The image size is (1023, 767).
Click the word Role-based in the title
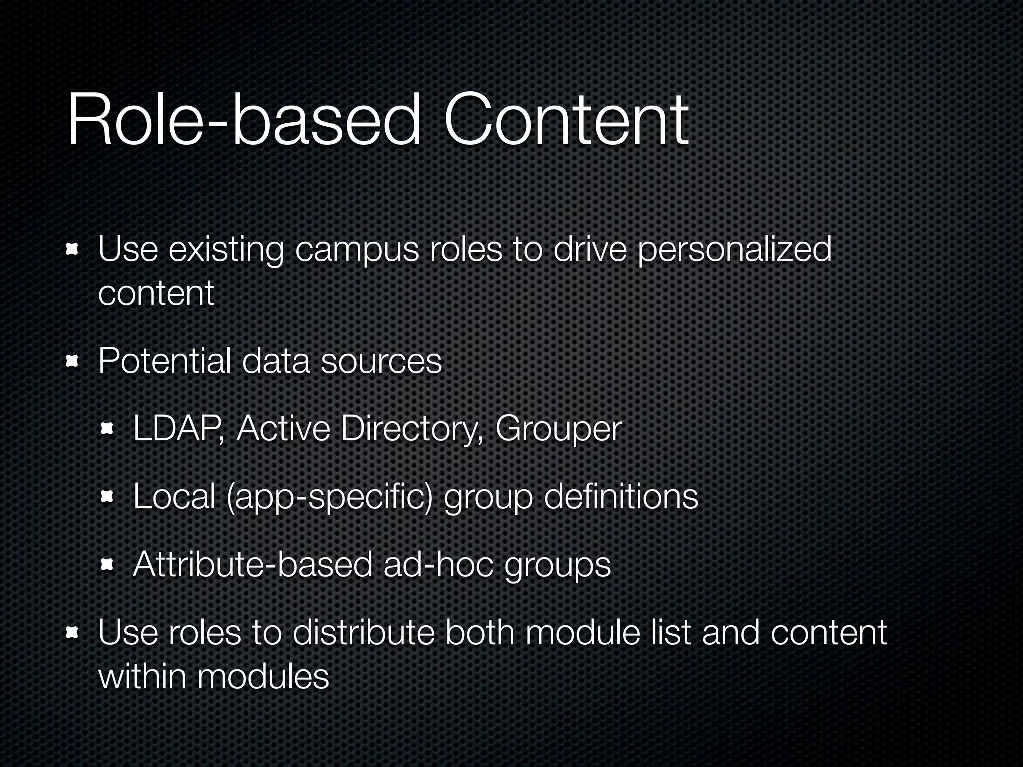[244, 121]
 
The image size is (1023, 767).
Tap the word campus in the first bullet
[357, 250]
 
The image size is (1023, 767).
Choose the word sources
[381, 362]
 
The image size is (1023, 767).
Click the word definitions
[621, 496]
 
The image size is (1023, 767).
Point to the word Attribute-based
[253, 564]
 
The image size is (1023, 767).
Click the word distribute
[363, 633]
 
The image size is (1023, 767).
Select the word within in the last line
[142, 676]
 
